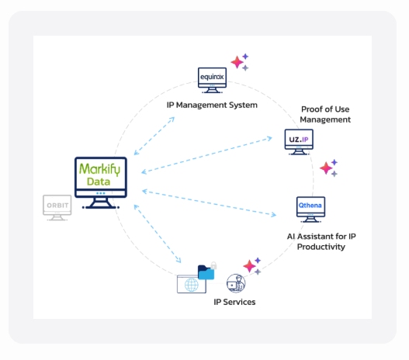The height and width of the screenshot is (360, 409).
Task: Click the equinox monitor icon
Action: click(212, 80)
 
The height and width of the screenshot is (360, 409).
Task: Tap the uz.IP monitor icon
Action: click(299, 142)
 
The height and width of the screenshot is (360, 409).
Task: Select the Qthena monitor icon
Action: click(310, 209)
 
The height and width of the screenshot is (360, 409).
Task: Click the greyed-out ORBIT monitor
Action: click(57, 207)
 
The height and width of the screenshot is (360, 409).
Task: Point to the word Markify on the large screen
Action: click(99, 169)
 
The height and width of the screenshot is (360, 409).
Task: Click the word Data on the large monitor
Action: click(99, 182)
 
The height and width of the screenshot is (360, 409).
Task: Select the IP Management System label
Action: click(212, 105)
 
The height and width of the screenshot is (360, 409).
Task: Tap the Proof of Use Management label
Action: click(325, 114)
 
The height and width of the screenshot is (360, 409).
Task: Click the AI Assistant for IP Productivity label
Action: click(321, 241)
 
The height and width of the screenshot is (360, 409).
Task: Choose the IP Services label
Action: click(234, 302)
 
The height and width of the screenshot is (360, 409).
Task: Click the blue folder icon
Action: click(206, 272)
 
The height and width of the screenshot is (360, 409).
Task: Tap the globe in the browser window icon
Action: click(192, 285)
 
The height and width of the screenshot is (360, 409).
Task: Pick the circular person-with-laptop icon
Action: click(236, 283)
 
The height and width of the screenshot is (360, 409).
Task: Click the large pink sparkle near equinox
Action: click(237, 62)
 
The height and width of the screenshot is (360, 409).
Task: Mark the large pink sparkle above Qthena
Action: click(326, 168)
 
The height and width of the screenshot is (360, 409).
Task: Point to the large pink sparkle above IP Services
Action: click(249, 266)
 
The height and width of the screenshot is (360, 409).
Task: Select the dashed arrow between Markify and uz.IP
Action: click(206, 155)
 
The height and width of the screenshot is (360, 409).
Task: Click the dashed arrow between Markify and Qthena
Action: click(210, 203)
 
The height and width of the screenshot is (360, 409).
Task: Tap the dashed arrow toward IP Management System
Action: click(154, 136)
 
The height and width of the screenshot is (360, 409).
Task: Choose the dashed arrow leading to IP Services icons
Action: click(158, 234)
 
